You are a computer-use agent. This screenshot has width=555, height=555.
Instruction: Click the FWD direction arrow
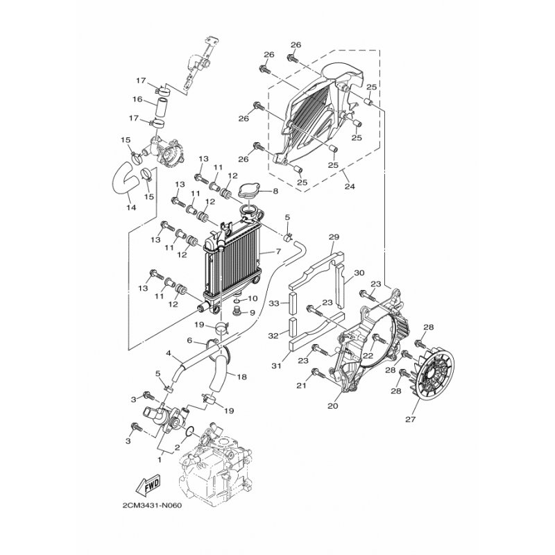(x=148, y=484)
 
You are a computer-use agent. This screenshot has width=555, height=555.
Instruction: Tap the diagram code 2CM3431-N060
(x=152, y=506)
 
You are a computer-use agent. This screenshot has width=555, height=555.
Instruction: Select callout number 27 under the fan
(x=410, y=420)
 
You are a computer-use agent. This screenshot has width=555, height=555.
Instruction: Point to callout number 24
(x=350, y=186)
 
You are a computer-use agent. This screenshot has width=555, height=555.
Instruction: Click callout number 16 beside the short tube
(x=137, y=99)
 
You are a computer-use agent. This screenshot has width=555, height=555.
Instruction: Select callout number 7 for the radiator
(x=278, y=252)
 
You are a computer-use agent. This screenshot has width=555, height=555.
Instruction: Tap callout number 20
(x=333, y=406)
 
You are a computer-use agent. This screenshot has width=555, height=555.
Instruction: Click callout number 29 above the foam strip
(x=334, y=237)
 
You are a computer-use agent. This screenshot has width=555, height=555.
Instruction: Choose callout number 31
(x=276, y=366)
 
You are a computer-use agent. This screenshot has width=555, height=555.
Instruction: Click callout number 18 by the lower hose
(x=241, y=377)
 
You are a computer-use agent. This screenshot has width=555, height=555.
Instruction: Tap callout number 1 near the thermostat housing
(x=160, y=460)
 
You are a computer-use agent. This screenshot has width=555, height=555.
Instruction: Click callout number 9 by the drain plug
(x=253, y=313)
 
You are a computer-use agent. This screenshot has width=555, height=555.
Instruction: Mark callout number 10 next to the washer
(x=252, y=299)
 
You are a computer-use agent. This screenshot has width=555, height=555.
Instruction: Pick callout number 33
(x=274, y=303)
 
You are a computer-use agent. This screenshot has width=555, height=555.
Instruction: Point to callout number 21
(x=301, y=386)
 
